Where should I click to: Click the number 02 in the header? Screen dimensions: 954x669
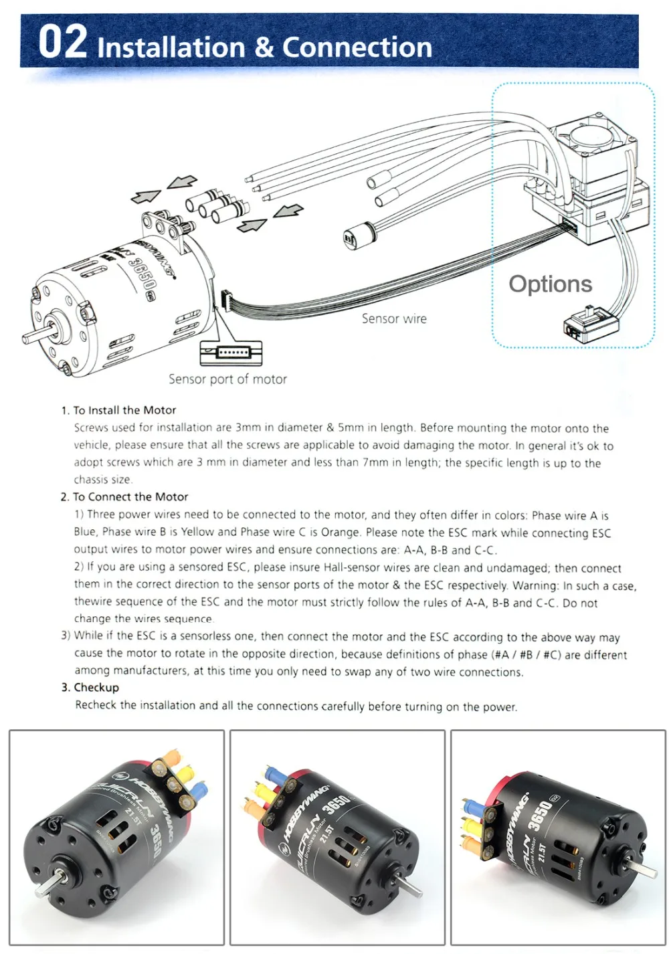coord(62,41)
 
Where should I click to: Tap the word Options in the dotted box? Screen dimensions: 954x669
coord(550,284)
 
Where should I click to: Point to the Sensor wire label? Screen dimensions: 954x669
coord(394,319)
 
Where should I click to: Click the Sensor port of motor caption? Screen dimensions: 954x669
coord(227,379)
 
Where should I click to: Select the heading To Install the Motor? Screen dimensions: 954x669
coord(124,410)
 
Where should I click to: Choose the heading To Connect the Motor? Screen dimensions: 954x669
coord(130,497)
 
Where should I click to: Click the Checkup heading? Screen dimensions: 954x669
coord(96,688)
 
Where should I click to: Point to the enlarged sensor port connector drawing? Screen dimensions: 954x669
coord(231,352)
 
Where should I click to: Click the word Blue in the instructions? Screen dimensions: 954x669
coord(86,533)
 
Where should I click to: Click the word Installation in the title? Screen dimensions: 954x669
coord(171,47)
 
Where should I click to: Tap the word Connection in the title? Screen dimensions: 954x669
coord(357,47)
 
